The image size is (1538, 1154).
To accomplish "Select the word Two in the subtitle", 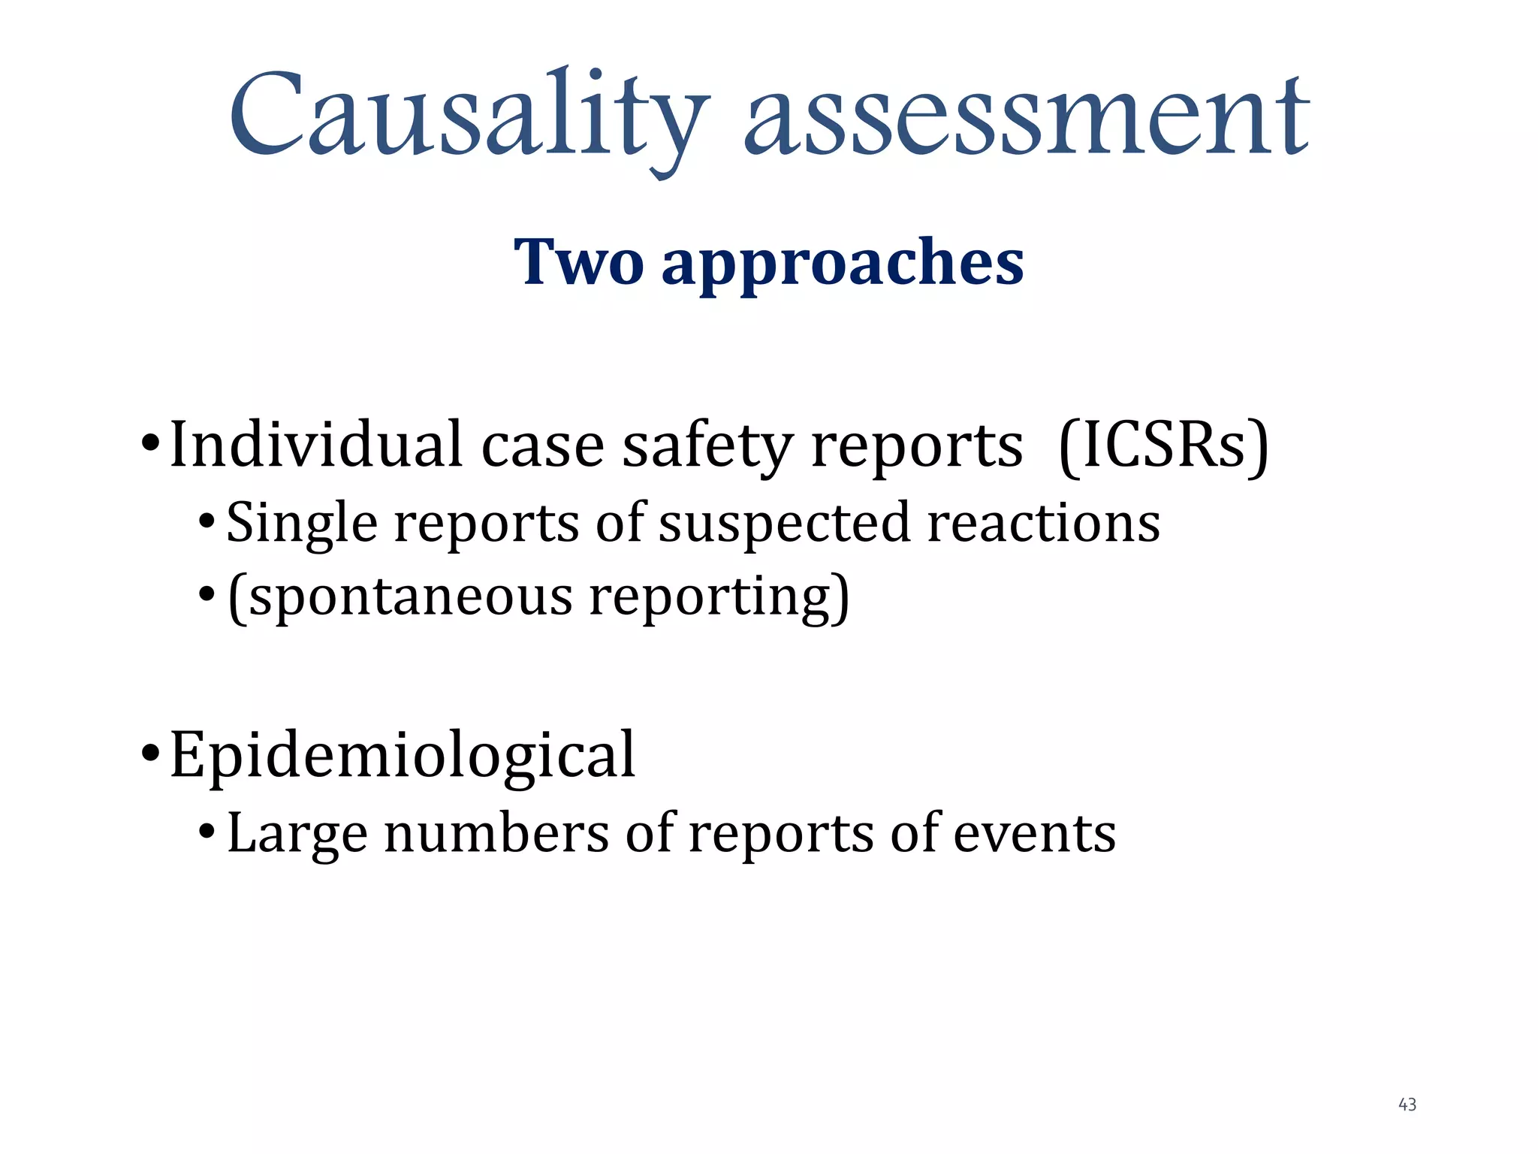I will point(578,262).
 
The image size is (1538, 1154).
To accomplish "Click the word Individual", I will point(315,445).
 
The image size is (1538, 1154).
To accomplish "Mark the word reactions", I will point(1044,523).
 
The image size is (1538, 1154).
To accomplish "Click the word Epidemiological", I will point(403,756).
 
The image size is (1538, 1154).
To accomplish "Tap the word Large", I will point(297,835).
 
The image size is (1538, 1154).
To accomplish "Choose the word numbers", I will point(496,833).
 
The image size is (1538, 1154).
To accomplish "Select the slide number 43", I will point(1407,1104).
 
